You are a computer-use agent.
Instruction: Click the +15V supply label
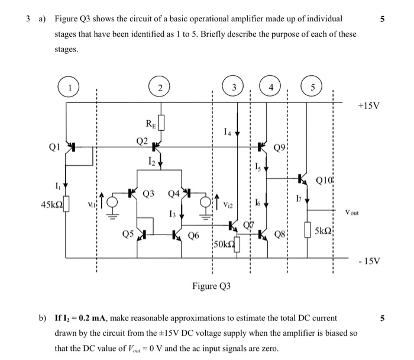(369, 107)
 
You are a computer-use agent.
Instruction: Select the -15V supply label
(369, 261)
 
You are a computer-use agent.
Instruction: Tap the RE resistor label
(151, 124)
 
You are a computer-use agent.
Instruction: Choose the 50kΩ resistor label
(222, 244)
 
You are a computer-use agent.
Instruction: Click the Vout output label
(355, 211)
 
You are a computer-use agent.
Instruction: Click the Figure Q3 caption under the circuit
(211, 287)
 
